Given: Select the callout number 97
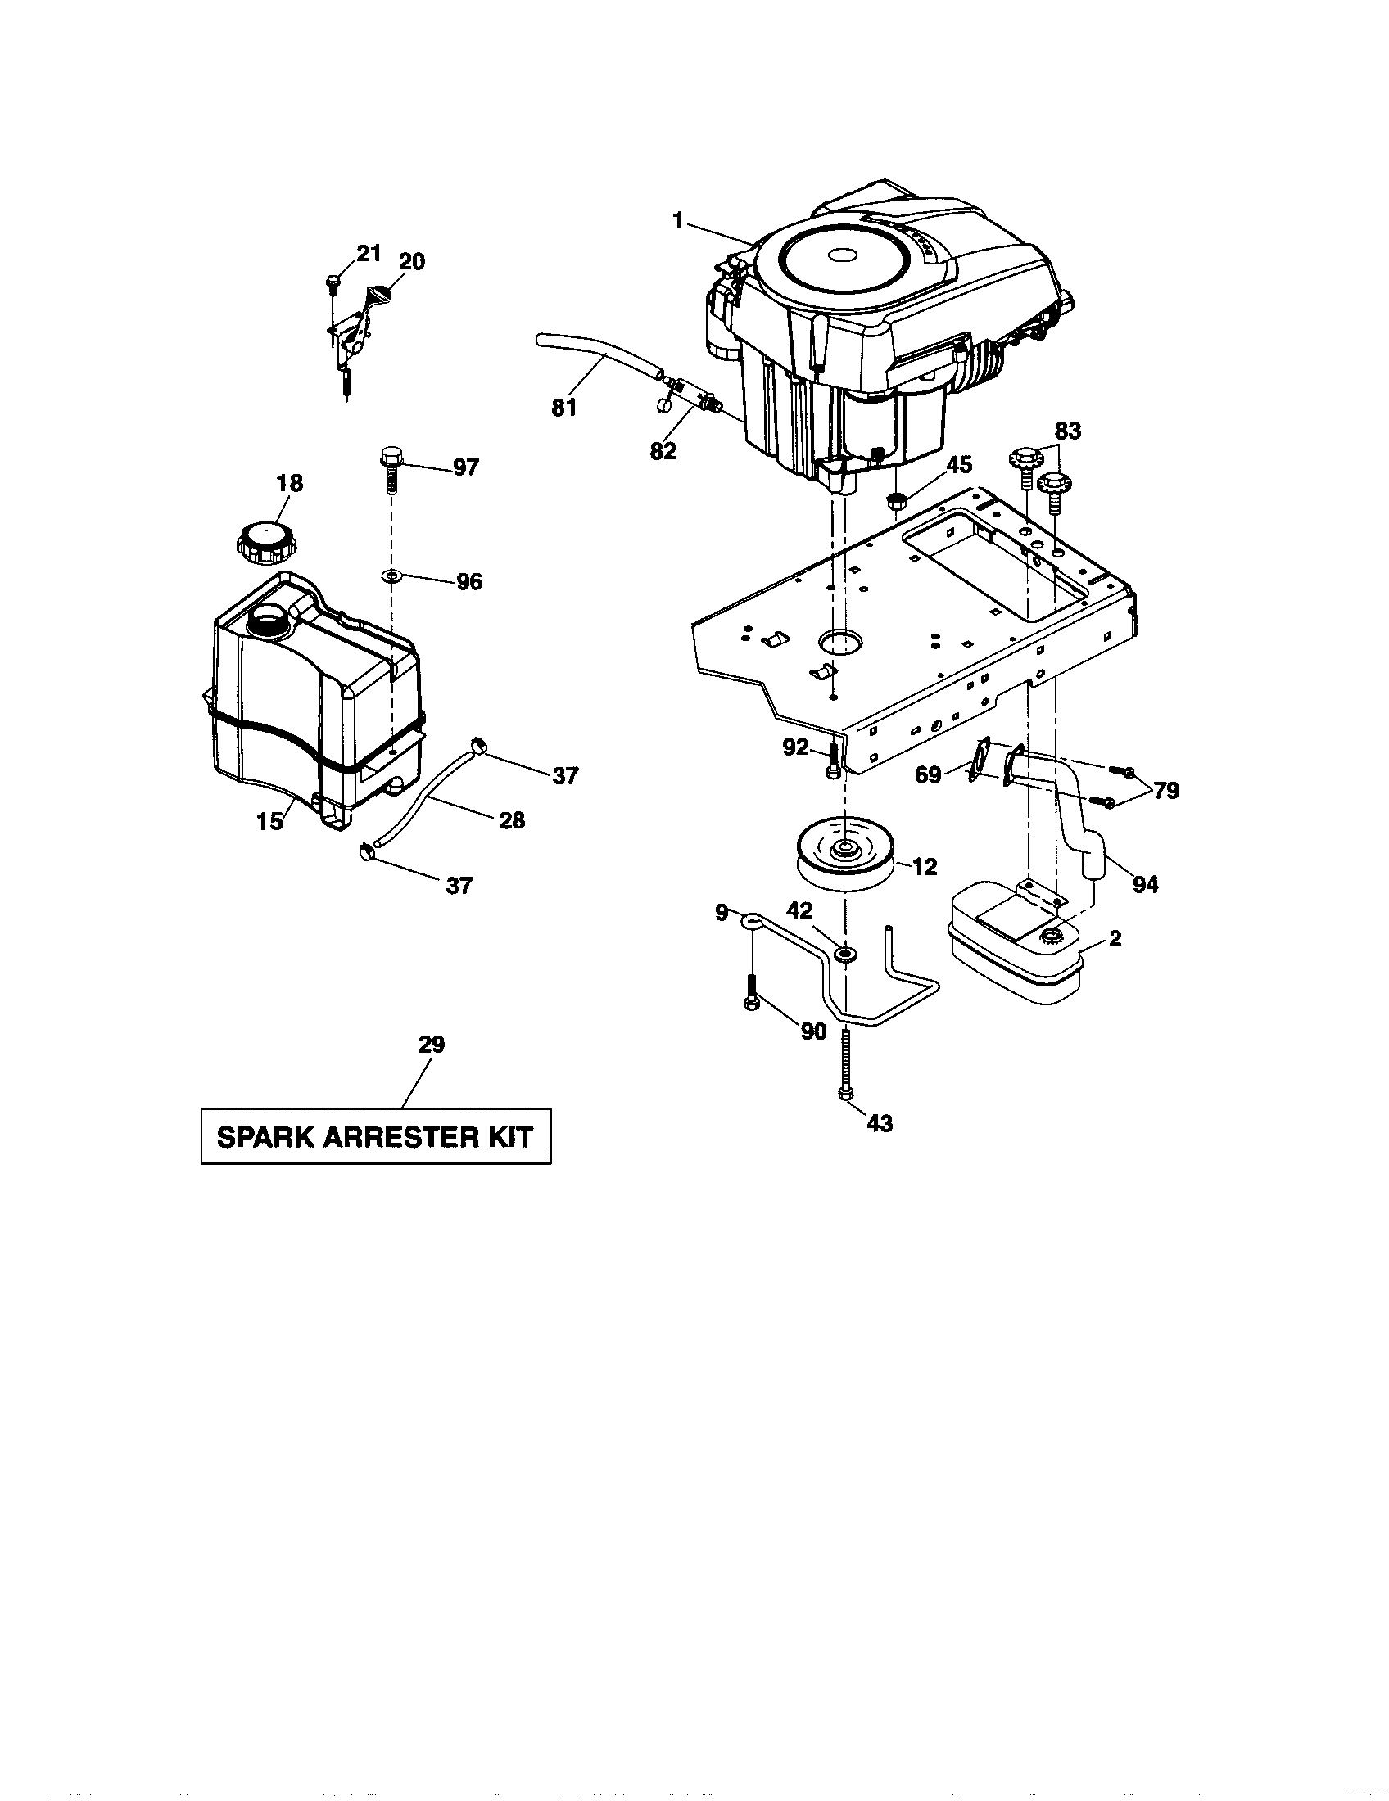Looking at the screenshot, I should point(466,467).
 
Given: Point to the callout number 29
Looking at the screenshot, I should point(432,1045).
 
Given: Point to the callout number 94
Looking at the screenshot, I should point(1146,885).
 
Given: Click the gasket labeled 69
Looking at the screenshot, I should point(980,759).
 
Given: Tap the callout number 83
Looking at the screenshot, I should point(1067,431).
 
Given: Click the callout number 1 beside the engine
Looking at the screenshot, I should point(678,221).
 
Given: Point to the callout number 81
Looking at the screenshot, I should point(564,408).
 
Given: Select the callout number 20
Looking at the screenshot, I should point(411,261).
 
